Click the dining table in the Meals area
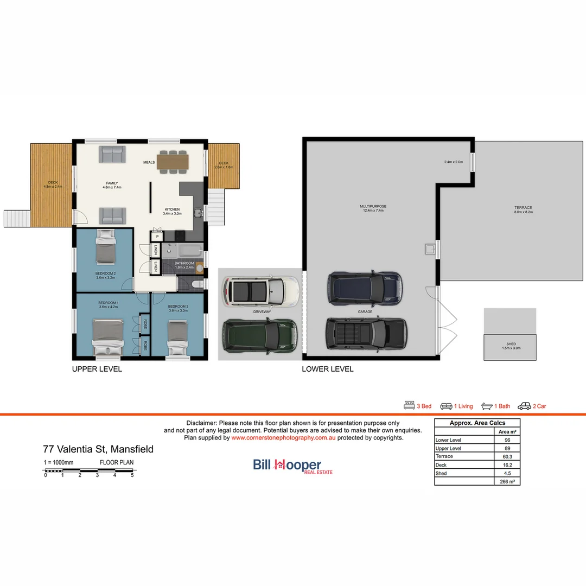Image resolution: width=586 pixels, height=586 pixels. [x=173, y=161]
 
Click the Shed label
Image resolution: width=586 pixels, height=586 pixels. [x=510, y=344]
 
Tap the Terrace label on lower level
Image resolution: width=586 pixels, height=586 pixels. [x=523, y=208]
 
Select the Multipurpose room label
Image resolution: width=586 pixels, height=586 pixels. [x=373, y=206]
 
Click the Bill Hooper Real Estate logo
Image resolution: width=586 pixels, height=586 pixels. [x=293, y=466]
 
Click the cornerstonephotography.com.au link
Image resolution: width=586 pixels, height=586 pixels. [x=283, y=437]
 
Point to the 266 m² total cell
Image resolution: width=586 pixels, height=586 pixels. [x=506, y=481]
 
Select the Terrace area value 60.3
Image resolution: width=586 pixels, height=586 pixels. [x=506, y=456]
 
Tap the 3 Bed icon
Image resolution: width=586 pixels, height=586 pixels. [x=409, y=406]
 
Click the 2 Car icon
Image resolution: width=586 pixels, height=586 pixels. [x=524, y=406]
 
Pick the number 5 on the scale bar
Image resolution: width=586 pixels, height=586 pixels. [x=132, y=475]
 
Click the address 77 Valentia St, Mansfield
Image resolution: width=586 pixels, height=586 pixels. [x=98, y=449]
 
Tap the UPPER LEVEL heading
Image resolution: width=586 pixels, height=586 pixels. [x=97, y=369]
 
